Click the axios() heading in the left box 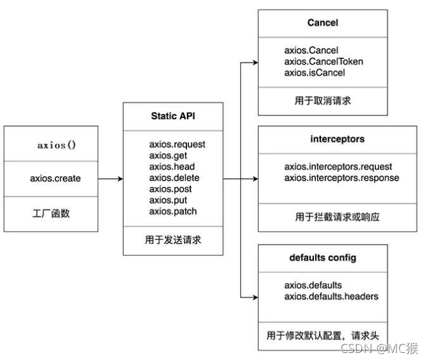click(x=56, y=145)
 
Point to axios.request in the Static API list click(x=177, y=144)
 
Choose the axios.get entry click(x=168, y=156)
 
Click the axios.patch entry click(x=173, y=211)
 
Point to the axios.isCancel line click(x=315, y=72)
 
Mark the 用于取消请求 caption click(x=322, y=100)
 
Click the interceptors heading click(x=322, y=140)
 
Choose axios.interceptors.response click(x=342, y=177)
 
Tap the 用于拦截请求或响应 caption click(x=322, y=217)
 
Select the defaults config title click(x=322, y=258)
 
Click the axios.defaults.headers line click(x=331, y=296)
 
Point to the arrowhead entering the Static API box click(x=119, y=179)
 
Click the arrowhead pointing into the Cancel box click(x=254, y=62)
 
